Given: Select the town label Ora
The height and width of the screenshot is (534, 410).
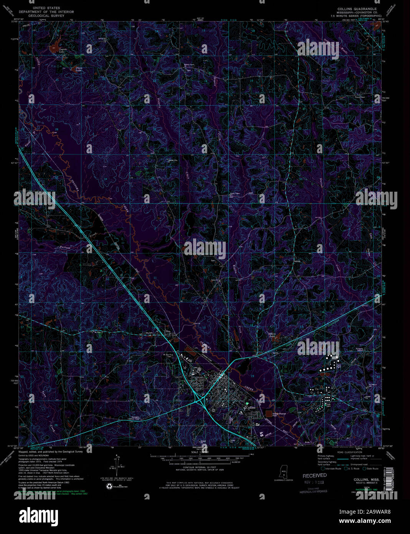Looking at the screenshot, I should (x=167, y=331).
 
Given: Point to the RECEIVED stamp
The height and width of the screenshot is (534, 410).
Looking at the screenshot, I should (x=314, y=476).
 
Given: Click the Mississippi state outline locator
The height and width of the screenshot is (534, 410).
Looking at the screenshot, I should (x=284, y=471).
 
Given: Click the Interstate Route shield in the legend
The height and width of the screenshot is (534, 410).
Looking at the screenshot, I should (x=323, y=469).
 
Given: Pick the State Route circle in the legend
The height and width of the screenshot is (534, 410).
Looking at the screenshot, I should (x=364, y=469).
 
